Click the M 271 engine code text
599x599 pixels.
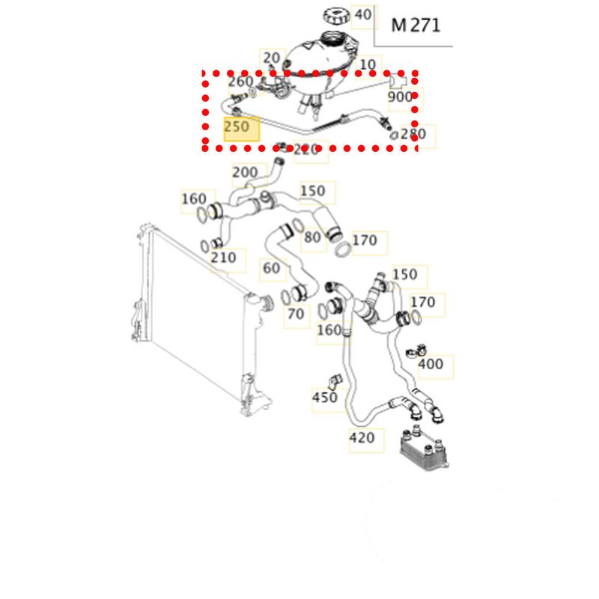tap(416, 25)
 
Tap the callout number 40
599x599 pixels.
tap(362, 14)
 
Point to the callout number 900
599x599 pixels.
tap(400, 97)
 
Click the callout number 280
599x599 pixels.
tap(413, 135)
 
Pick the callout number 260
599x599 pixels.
tap(240, 81)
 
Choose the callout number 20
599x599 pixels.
tap(271, 58)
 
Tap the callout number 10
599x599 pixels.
tap(368, 64)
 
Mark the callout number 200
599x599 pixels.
tap(245, 172)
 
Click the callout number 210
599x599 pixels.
tap(224, 258)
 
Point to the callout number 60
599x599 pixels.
tap(271, 267)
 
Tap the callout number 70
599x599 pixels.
tap(296, 314)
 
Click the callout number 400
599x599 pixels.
tap(430, 365)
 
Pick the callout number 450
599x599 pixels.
tap(324, 398)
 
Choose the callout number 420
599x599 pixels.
tap(361, 438)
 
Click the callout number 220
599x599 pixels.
tap(307, 150)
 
